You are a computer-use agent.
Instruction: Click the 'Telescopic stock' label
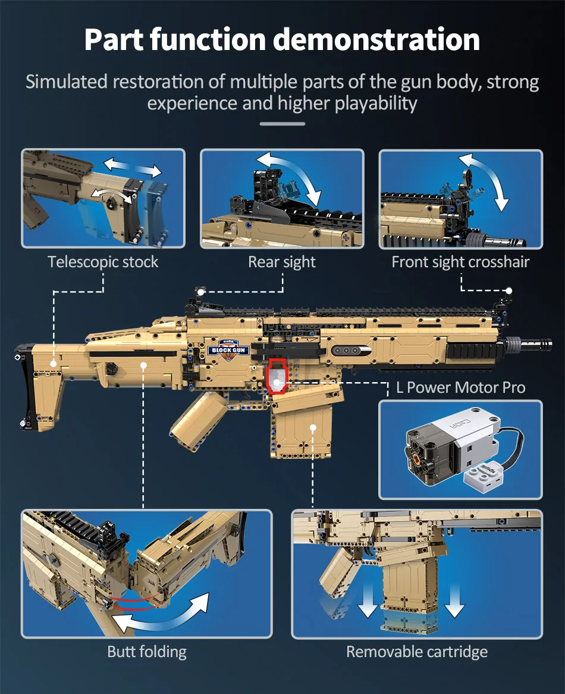(103, 262)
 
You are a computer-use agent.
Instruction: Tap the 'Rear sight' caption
(282, 262)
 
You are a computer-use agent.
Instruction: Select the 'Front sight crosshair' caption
(460, 262)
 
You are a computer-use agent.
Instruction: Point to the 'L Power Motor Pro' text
(460, 387)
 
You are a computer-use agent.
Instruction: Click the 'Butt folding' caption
(147, 651)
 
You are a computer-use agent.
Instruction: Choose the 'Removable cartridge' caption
(417, 651)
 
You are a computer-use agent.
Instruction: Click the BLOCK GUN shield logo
(229, 348)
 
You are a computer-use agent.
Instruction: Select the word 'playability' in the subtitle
(376, 103)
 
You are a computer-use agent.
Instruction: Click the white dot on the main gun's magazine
(313, 427)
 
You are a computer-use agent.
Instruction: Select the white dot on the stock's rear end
(54, 363)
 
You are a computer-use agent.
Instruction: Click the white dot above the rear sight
(202, 292)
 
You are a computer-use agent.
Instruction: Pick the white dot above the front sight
(508, 291)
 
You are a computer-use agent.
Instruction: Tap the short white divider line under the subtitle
(282, 124)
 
